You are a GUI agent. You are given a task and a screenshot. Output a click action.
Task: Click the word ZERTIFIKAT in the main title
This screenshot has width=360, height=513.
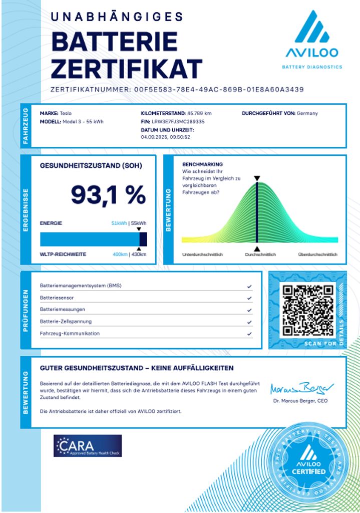[127, 69]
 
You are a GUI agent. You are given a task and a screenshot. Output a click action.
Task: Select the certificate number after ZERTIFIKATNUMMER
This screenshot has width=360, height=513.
[219, 90]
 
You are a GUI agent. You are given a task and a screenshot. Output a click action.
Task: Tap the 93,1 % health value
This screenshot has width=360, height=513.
[108, 194]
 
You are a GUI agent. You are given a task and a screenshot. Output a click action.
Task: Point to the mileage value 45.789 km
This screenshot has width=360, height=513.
[199, 113]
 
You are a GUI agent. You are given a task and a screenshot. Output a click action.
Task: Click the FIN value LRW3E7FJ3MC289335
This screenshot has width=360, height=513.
[178, 121]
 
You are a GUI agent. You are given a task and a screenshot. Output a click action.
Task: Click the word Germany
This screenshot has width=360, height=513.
[307, 113]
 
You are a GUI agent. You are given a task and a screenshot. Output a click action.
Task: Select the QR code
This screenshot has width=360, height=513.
[307, 310]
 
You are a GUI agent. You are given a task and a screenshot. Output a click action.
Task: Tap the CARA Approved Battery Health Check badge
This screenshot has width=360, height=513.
[88, 445]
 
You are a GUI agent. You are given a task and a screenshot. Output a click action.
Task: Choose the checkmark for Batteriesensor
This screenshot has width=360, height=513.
[249, 298]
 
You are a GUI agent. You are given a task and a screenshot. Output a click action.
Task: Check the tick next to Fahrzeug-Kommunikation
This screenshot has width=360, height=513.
[249, 334]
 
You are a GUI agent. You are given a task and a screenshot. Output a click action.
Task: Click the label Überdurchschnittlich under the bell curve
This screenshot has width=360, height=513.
[317, 254]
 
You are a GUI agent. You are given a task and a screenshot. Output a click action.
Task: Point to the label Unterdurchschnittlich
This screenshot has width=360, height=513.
[202, 254]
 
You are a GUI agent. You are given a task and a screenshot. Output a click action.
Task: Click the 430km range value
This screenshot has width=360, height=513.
[138, 254]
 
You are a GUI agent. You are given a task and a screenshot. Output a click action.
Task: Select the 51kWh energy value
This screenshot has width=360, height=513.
[119, 223]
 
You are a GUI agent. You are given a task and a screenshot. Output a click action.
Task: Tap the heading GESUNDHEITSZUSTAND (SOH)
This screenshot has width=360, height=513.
[91, 165]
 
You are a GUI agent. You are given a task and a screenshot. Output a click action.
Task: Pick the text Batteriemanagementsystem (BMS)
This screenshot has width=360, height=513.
[81, 286]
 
